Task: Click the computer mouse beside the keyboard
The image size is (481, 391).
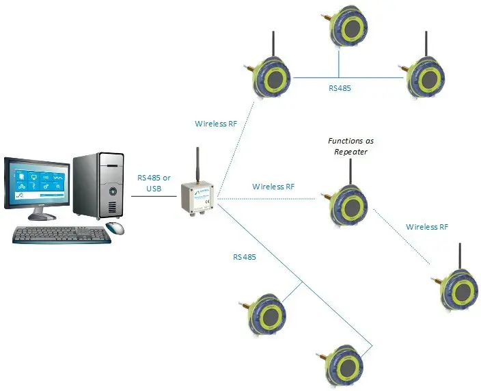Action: pyautogui.click(x=115, y=228)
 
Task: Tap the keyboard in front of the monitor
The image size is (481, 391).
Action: pyautogui.click(x=61, y=235)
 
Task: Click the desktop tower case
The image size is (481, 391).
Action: pyautogui.click(x=98, y=186)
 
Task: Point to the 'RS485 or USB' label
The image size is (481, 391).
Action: pyautogui.click(x=154, y=183)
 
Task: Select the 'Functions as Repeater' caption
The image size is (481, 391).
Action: pyautogui.click(x=351, y=146)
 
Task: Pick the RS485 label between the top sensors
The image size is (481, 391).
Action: pyautogui.click(x=340, y=88)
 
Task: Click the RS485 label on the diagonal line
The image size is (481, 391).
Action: pyautogui.click(x=245, y=257)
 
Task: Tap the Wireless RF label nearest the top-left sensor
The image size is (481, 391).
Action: pyautogui.click(x=216, y=124)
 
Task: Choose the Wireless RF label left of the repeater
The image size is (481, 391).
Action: pyautogui.click(x=273, y=187)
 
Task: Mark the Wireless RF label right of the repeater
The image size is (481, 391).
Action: pyautogui.click(x=427, y=227)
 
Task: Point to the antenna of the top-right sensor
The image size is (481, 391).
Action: pyautogui.click(x=426, y=44)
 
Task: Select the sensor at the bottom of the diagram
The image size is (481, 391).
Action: pyautogui.click(x=340, y=366)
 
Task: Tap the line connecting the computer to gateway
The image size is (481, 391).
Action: pyautogui.click(x=154, y=196)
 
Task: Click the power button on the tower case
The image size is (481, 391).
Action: pyautogui.click(x=113, y=191)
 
